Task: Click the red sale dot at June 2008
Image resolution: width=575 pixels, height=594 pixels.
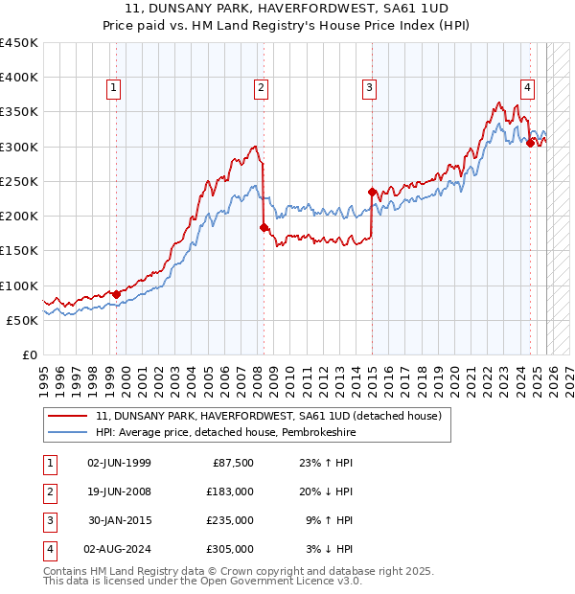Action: pos(264,227)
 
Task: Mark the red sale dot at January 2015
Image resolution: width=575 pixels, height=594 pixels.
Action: pos(372,192)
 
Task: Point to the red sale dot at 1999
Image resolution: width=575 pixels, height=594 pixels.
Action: pos(116,294)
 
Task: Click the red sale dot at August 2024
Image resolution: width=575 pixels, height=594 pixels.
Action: pos(530,143)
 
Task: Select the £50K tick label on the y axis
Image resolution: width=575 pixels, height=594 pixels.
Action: pos(22,320)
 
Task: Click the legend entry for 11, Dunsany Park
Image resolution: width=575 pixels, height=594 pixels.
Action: pos(267,417)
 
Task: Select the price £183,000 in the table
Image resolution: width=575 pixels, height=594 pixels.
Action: pos(230,491)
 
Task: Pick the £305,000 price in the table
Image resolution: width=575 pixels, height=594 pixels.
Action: pos(230,549)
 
